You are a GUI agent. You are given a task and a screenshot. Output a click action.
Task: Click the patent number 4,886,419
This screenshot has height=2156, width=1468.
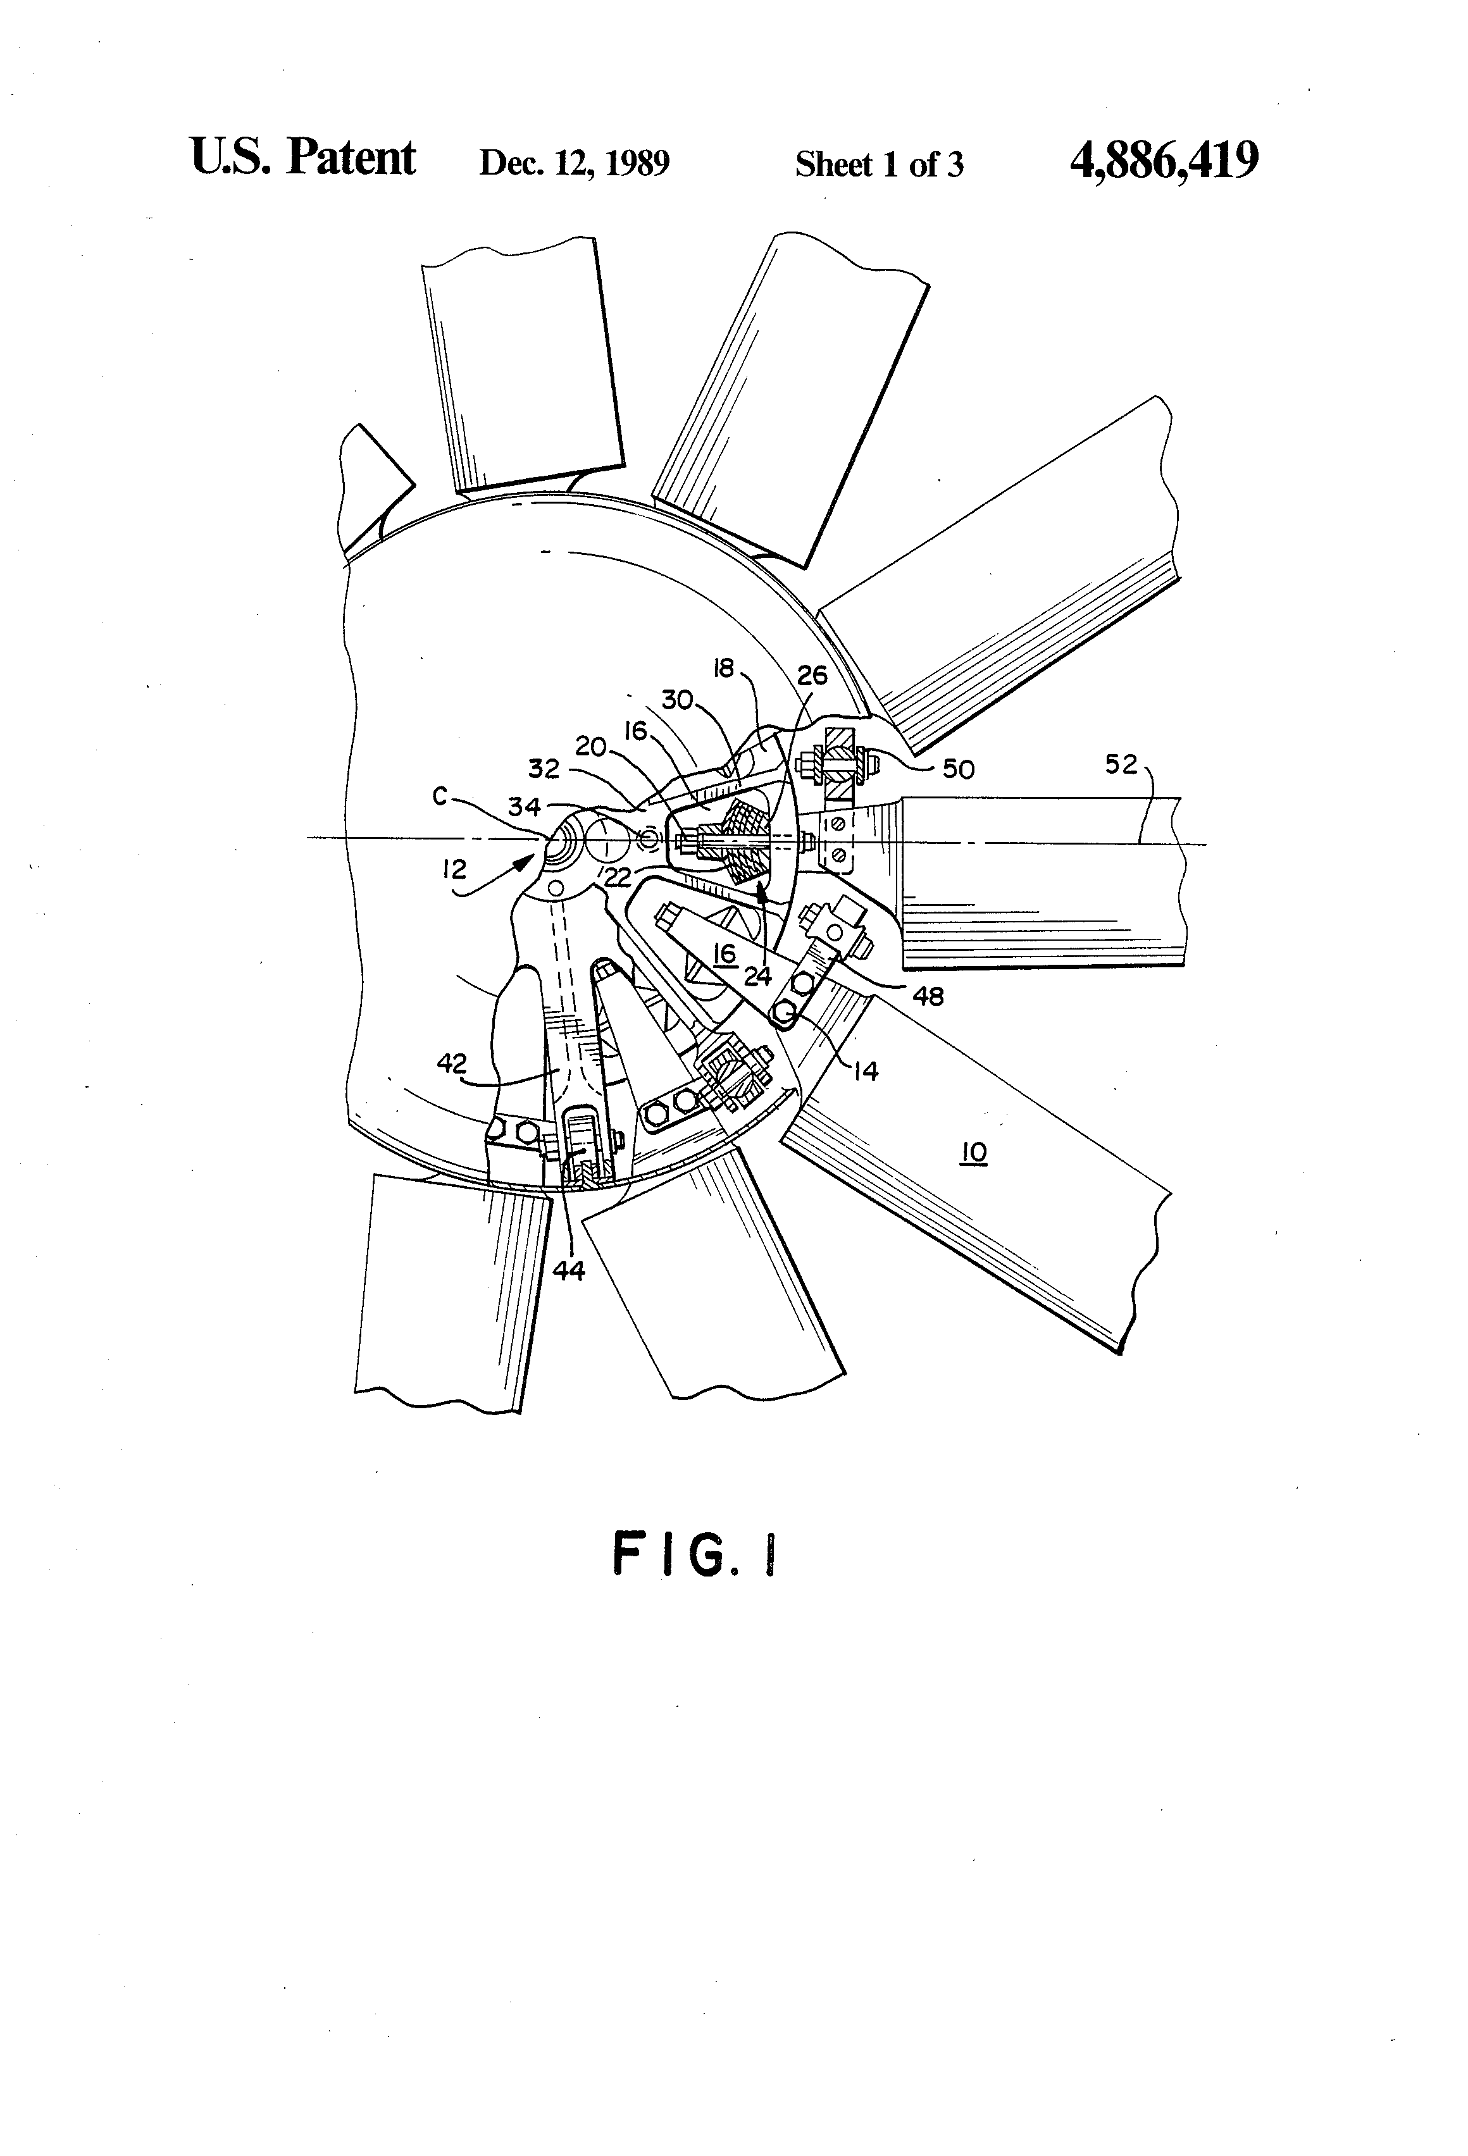(1164, 161)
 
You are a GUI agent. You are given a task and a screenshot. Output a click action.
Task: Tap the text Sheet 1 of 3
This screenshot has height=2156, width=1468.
(879, 164)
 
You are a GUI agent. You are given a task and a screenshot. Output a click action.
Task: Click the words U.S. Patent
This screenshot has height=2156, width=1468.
(302, 158)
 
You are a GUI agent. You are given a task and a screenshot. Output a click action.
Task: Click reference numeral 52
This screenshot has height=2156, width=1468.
(1121, 764)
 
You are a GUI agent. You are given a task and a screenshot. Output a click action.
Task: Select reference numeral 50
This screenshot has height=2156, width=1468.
(959, 769)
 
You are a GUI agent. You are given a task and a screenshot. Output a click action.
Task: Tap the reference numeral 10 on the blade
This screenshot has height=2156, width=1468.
(973, 1153)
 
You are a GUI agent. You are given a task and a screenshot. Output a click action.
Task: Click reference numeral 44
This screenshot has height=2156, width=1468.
(569, 1271)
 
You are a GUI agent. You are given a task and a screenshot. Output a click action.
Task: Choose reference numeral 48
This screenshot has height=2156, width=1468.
(928, 996)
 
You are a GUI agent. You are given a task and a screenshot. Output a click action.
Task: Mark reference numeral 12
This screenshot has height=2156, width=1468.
(455, 869)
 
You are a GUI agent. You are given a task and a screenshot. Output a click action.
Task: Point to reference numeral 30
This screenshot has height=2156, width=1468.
(676, 700)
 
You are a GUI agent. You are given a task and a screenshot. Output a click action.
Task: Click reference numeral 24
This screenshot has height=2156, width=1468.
(757, 976)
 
